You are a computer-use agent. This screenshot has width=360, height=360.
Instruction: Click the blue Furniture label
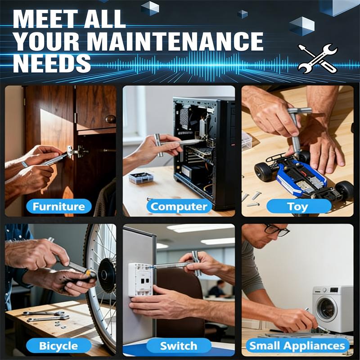pyautogui.click(x=58, y=207)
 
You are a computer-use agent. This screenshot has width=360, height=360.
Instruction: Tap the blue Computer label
pyautogui.click(x=179, y=207)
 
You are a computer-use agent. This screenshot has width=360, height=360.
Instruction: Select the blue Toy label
pyautogui.click(x=298, y=207)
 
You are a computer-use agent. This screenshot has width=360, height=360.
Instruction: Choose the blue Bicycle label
pyautogui.click(x=58, y=346)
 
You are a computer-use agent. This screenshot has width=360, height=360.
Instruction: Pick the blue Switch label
pyautogui.click(x=179, y=346)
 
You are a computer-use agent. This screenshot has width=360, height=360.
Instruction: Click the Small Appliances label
pyautogui.click(x=298, y=346)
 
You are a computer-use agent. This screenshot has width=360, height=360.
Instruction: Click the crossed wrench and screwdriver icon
pyautogui.click(x=317, y=58)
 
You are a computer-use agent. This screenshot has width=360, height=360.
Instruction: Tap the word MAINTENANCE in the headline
pyautogui.click(x=175, y=41)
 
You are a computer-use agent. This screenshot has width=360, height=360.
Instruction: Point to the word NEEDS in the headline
pyautogui.click(x=52, y=63)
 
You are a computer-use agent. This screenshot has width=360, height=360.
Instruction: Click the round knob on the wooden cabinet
pyautogui.click(x=110, y=119)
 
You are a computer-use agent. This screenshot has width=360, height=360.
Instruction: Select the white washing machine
pyautogui.click(x=333, y=308)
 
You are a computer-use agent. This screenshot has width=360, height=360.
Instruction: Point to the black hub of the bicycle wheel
pyautogui.click(x=107, y=275)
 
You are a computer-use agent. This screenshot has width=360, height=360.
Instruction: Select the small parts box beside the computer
pyautogui.click(x=141, y=178)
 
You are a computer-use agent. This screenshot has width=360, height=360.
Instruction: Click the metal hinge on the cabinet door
pyautogui.click(x=77, y=152)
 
